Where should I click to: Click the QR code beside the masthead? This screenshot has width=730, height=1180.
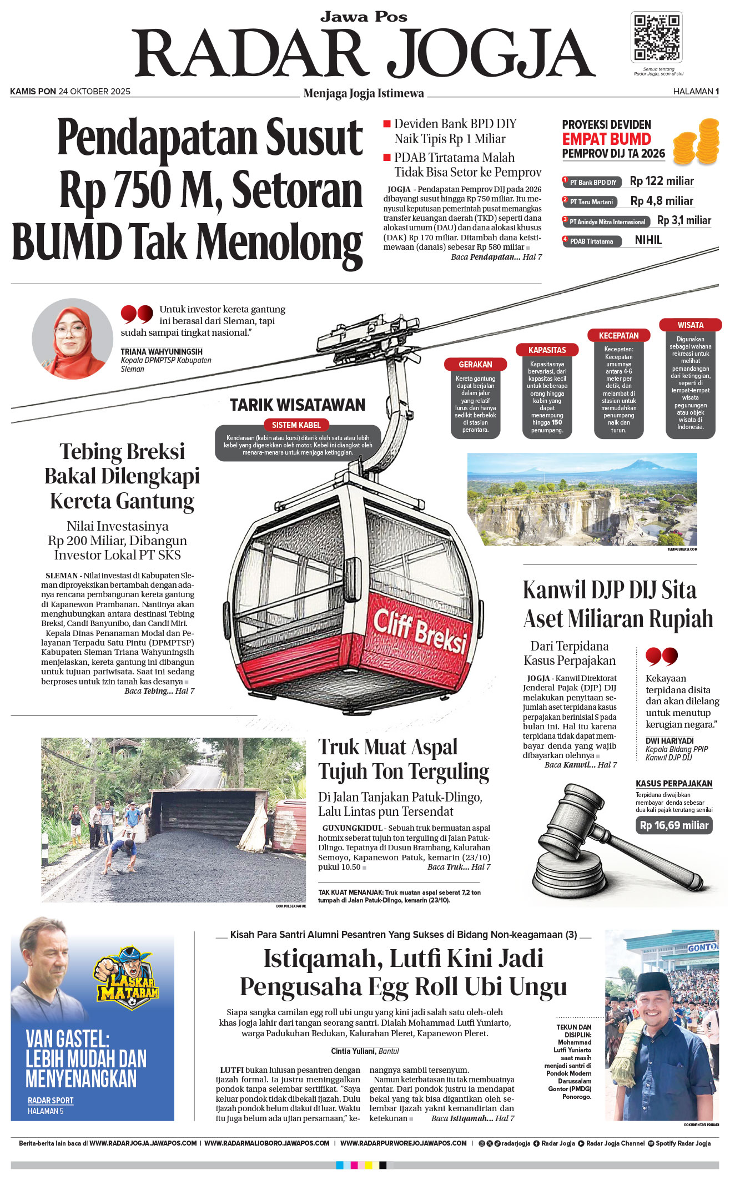657,37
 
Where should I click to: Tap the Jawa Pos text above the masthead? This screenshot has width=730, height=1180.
364,17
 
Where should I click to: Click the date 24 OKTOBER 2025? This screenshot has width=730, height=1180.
94,92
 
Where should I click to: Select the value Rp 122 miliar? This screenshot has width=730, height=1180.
662,181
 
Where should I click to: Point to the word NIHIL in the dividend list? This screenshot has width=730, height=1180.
648,240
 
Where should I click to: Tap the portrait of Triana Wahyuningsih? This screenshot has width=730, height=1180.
72,339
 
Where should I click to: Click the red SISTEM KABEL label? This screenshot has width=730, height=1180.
296,425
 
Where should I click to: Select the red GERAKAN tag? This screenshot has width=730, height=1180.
475,365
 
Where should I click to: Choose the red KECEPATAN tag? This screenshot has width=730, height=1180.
618,336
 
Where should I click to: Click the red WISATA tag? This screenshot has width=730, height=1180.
690,325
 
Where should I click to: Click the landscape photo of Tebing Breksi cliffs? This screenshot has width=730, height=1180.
582,499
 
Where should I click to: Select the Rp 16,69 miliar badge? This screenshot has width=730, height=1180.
674,825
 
